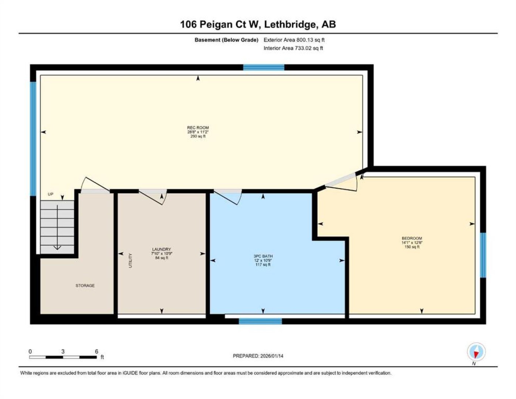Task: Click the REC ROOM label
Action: pos(198,128)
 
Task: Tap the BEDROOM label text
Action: pos(412,238)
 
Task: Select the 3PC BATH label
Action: pos(263,256)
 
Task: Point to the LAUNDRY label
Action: pos(162,249)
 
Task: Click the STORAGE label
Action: pos(85,286)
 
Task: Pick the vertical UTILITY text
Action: pos(130,260)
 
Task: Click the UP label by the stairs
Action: pos(50,194)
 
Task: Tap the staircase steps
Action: pos(57,227)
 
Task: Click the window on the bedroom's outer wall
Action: pos(483,255)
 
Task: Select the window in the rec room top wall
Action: pos(264,67)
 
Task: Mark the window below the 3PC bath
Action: pos(260,321)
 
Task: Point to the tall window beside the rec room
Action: pos(33,139)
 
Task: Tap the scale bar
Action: pos(63,357)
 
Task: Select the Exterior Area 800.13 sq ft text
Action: pos(294,40)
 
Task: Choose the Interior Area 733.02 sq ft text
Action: pos(293,48)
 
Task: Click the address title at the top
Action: pos(258,24)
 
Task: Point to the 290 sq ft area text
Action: pos(198,136)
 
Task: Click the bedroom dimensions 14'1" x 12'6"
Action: pos(412,243)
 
